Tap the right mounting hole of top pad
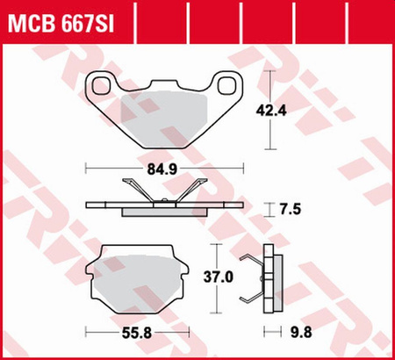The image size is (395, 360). (x=227, y=85)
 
